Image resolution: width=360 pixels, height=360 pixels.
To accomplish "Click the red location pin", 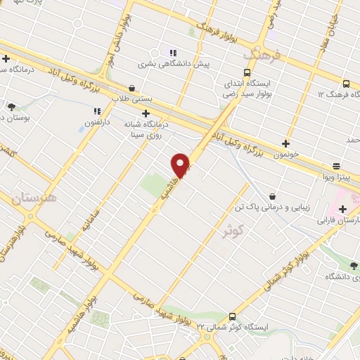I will [181, 165].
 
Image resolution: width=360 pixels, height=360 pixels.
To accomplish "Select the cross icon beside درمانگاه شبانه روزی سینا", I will [146, 113].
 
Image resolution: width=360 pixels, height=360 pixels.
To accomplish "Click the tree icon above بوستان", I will [12, 107].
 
